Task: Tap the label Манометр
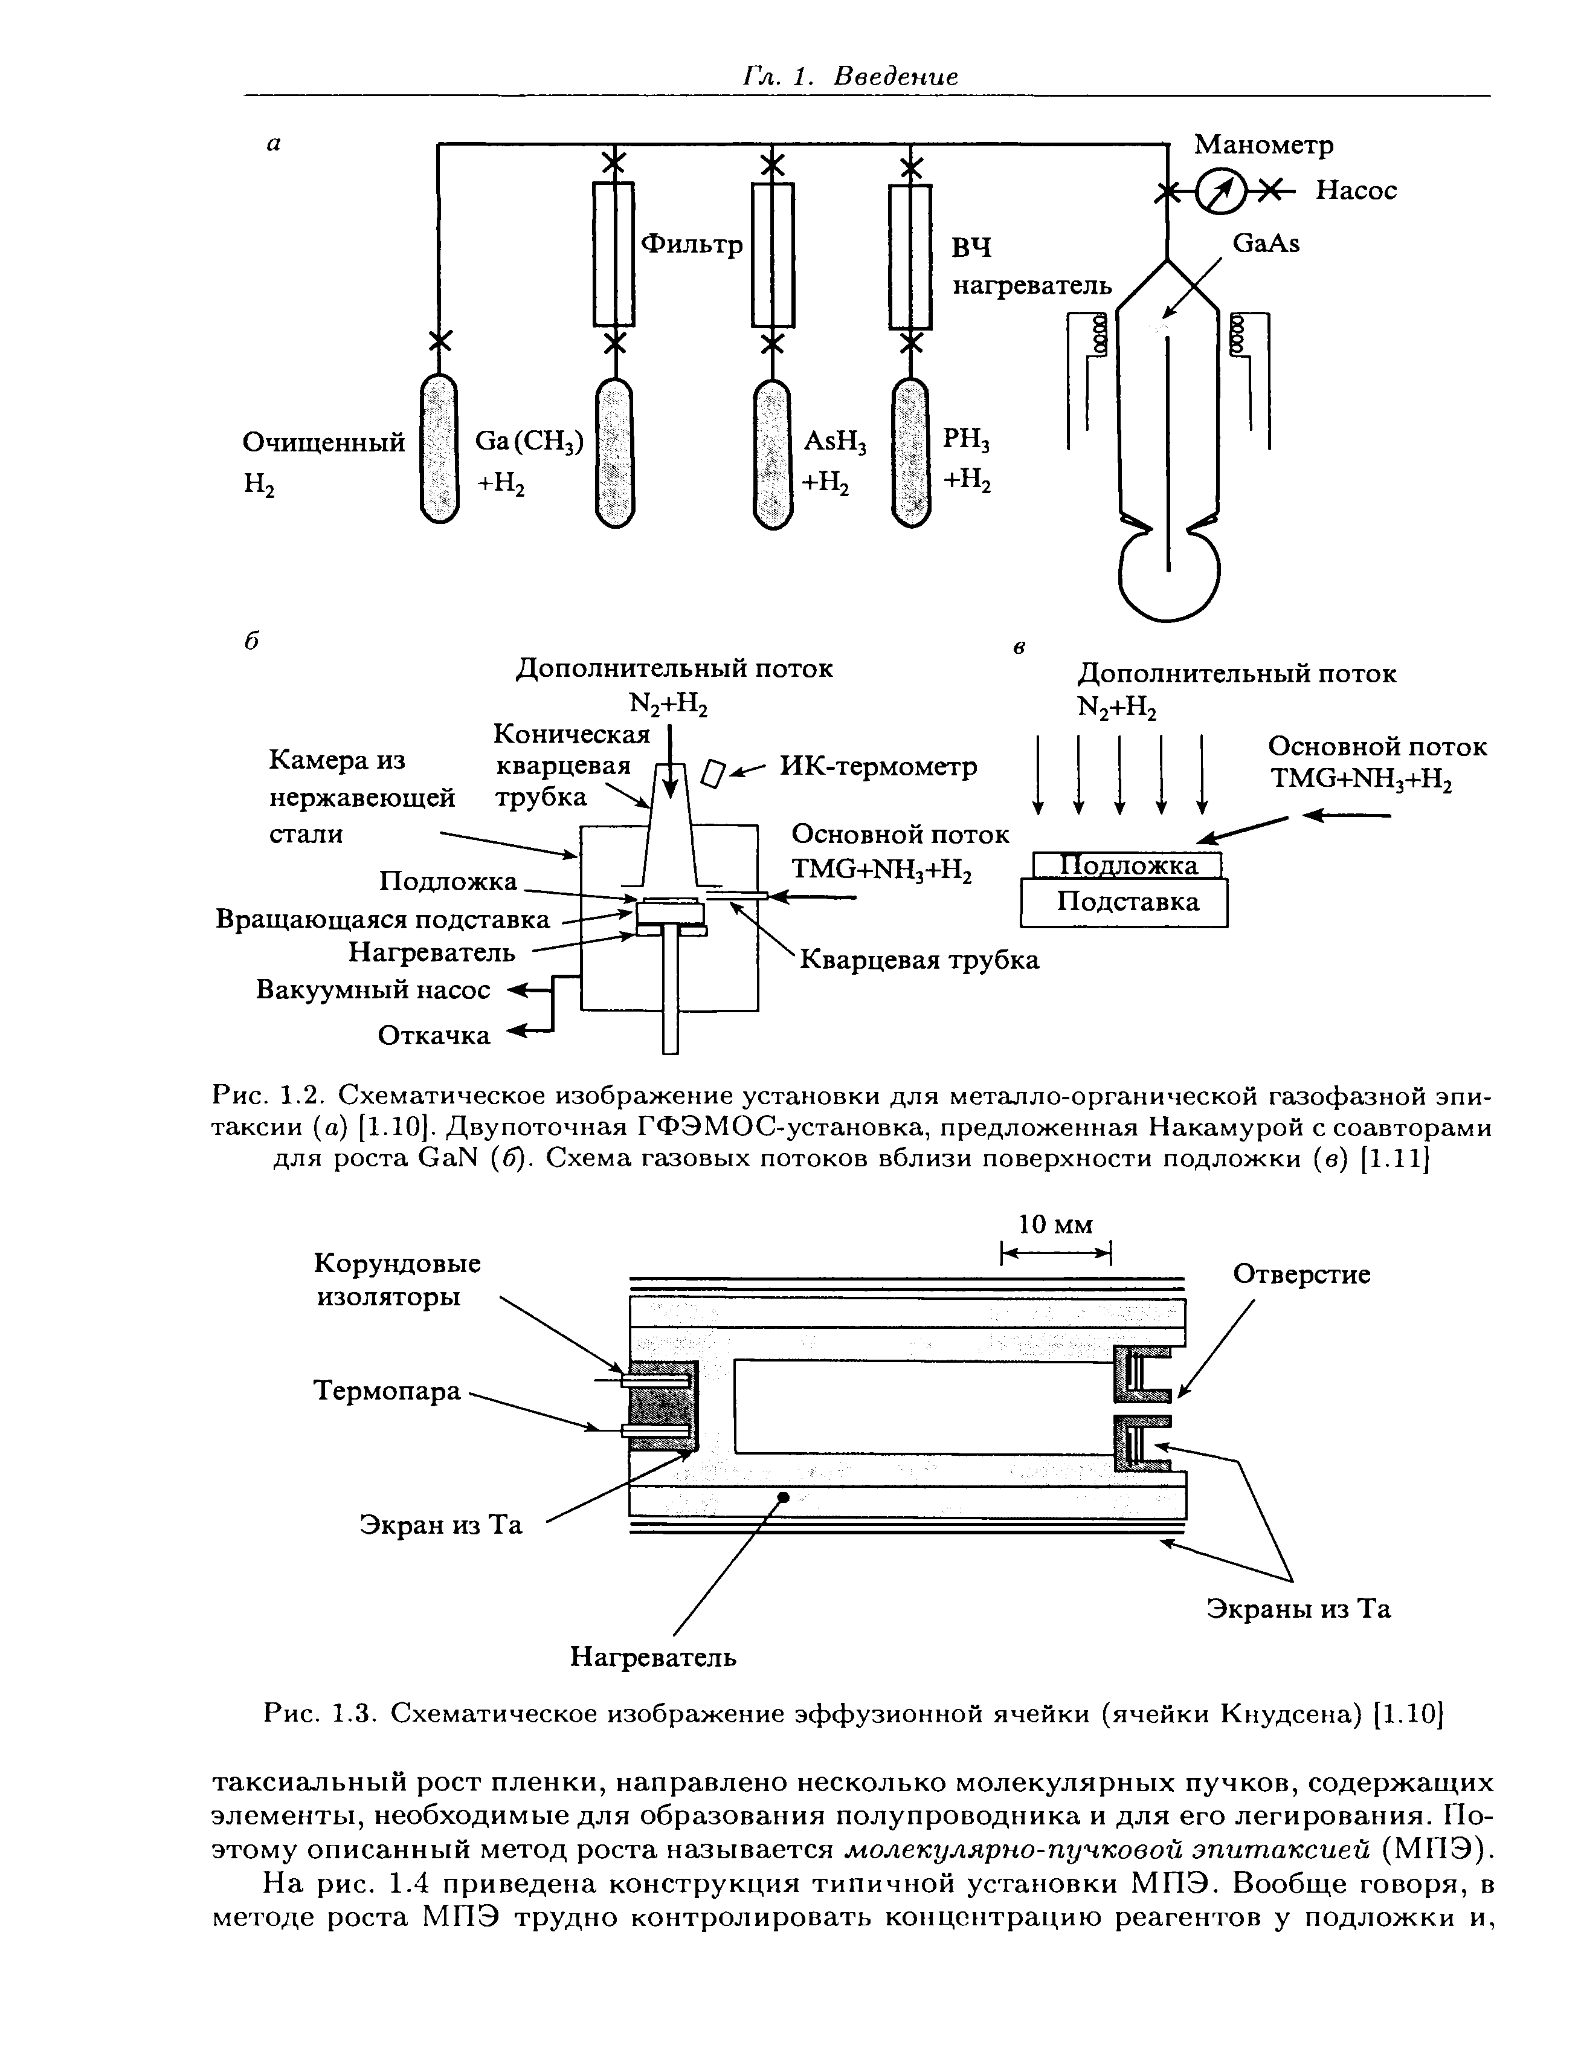[1263, 146]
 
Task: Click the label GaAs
[1266, 244]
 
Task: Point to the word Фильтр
[691, 245]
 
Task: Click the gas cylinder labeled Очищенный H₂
[438, 448]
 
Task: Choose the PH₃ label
[966, 440]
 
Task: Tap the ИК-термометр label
[878, 766]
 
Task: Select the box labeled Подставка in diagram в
[1124, 902]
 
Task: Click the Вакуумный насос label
[373, 990]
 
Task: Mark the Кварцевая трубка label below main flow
[919, 960]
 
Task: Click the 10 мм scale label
[1056, 1225]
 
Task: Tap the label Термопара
[387, 1391]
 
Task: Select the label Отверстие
[1301, 1274]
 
